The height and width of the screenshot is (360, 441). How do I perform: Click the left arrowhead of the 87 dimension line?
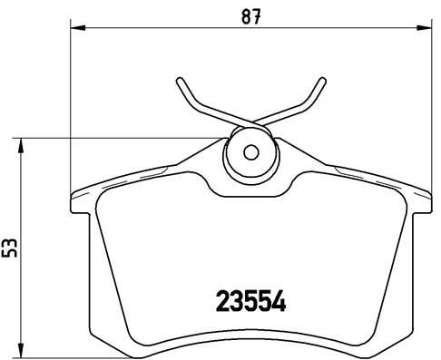coord(75,29)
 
